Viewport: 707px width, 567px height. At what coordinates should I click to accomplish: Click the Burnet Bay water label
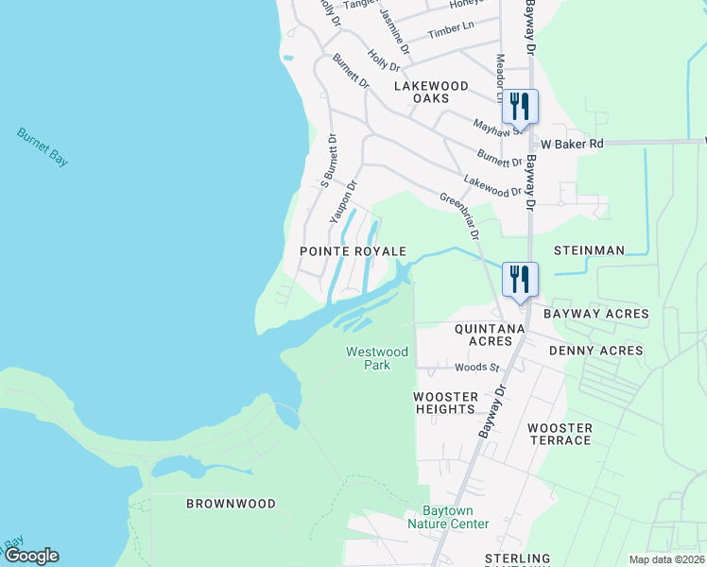click(x=43, y=147)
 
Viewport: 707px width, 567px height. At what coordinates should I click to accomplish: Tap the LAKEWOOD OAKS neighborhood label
click(x=431, y=92)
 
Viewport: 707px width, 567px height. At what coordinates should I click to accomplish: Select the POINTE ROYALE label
click(x=353, y=251)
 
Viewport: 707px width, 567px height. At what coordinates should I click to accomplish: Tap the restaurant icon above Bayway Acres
click(x=520, y=278)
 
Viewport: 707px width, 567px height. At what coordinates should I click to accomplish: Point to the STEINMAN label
click(x=589, y=250)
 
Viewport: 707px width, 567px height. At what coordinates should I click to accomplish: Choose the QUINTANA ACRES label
click(x=490, y=335)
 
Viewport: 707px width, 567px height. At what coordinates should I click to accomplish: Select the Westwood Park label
click(x=376, y=358)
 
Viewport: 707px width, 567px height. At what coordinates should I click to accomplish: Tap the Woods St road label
click(x=475, y=367)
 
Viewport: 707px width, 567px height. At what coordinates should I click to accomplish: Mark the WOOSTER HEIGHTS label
click(x=444, y=403)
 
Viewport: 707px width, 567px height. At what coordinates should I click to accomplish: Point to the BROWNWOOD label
click(x=231, y=504)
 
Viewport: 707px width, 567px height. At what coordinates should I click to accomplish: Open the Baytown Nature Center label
click(x=448, y=517)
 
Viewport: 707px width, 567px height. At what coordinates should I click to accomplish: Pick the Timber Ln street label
click(x=451, y=30)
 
